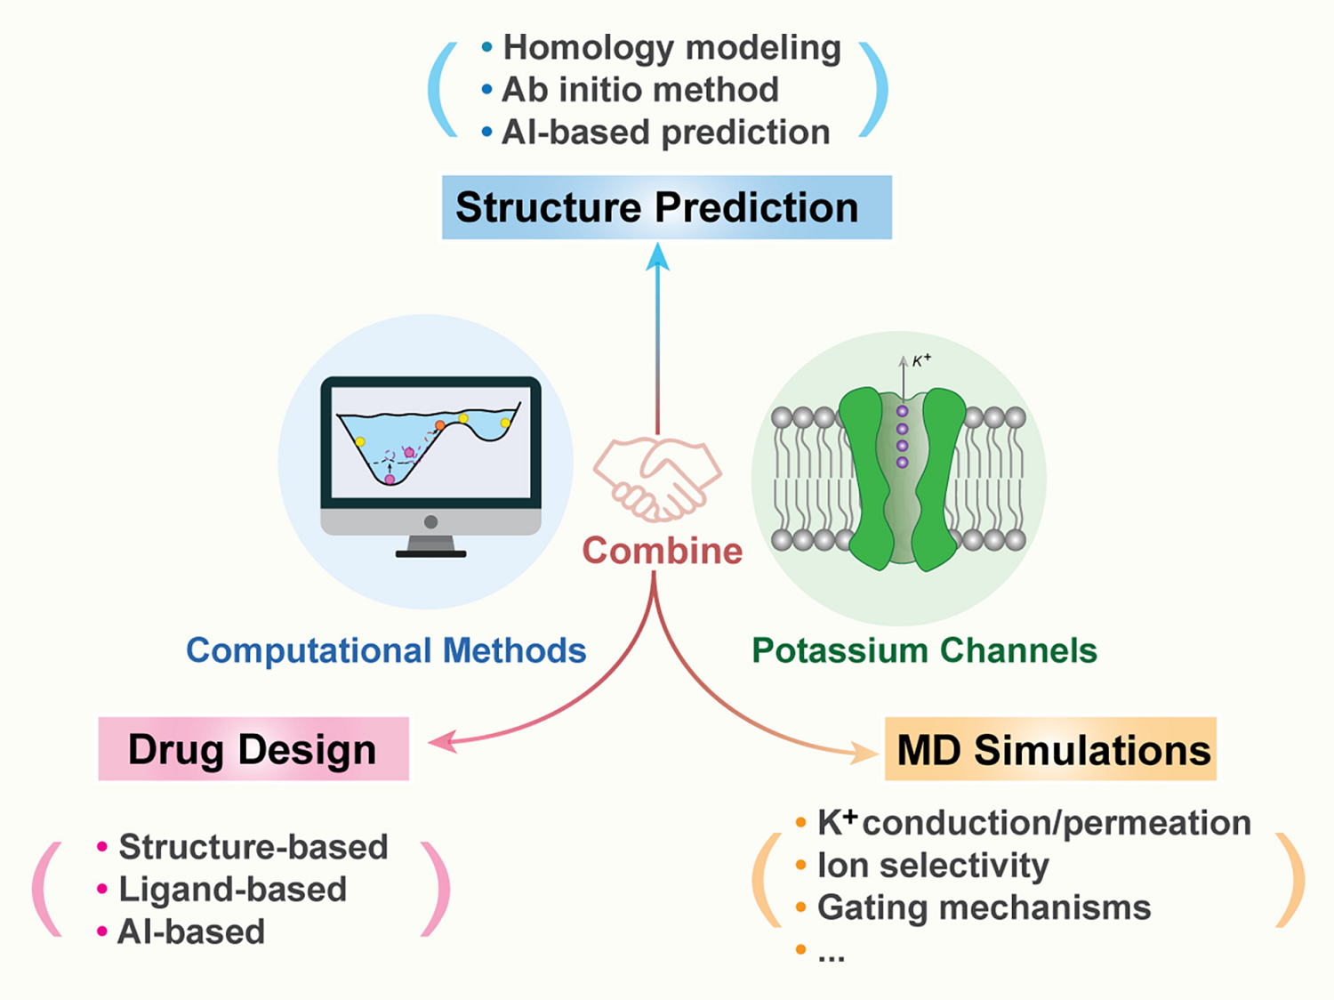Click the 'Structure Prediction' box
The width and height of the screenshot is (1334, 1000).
pyautogui.click(x=666, y=207)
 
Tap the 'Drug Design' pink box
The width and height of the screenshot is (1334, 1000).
pyautogui.click(x=253, y=749)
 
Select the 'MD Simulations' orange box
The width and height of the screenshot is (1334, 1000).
pyautogui.click(x=1051, y=749)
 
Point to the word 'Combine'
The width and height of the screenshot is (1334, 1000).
pyautogui.click(x=662, y=551)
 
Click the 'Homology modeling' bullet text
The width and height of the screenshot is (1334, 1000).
pyautogui.click(x=671, y=47)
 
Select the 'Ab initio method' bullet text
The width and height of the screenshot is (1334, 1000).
pyautogui.click(x=640, y=89)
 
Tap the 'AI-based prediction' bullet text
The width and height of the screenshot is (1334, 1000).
pyautogui.click(x=666, y=132)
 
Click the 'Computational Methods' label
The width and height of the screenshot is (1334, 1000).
pyautogui.click(x=386, y=650)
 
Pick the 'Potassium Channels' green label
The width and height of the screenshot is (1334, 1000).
pyautogui.click(x=924, y=650)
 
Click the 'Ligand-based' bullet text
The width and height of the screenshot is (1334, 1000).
pyautogui.click(x=233, y=889)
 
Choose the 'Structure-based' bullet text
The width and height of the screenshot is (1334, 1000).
pyautogui.click(x=253, y=847)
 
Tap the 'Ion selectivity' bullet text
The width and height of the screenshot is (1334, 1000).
pyautogui.click(x=933, y=865)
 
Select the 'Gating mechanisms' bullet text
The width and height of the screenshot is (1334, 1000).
pyautogui.click(x=984, y=907)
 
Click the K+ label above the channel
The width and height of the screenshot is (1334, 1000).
pyautogui.click(x=921, y=360)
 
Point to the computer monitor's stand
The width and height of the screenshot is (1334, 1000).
pyautogui.click(x=430, y=544)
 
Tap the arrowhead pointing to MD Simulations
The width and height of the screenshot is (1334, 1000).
pyautogui.click(x=867, y=753)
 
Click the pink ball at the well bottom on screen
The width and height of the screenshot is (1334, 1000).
pyautogui.click(x=390, y=480)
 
